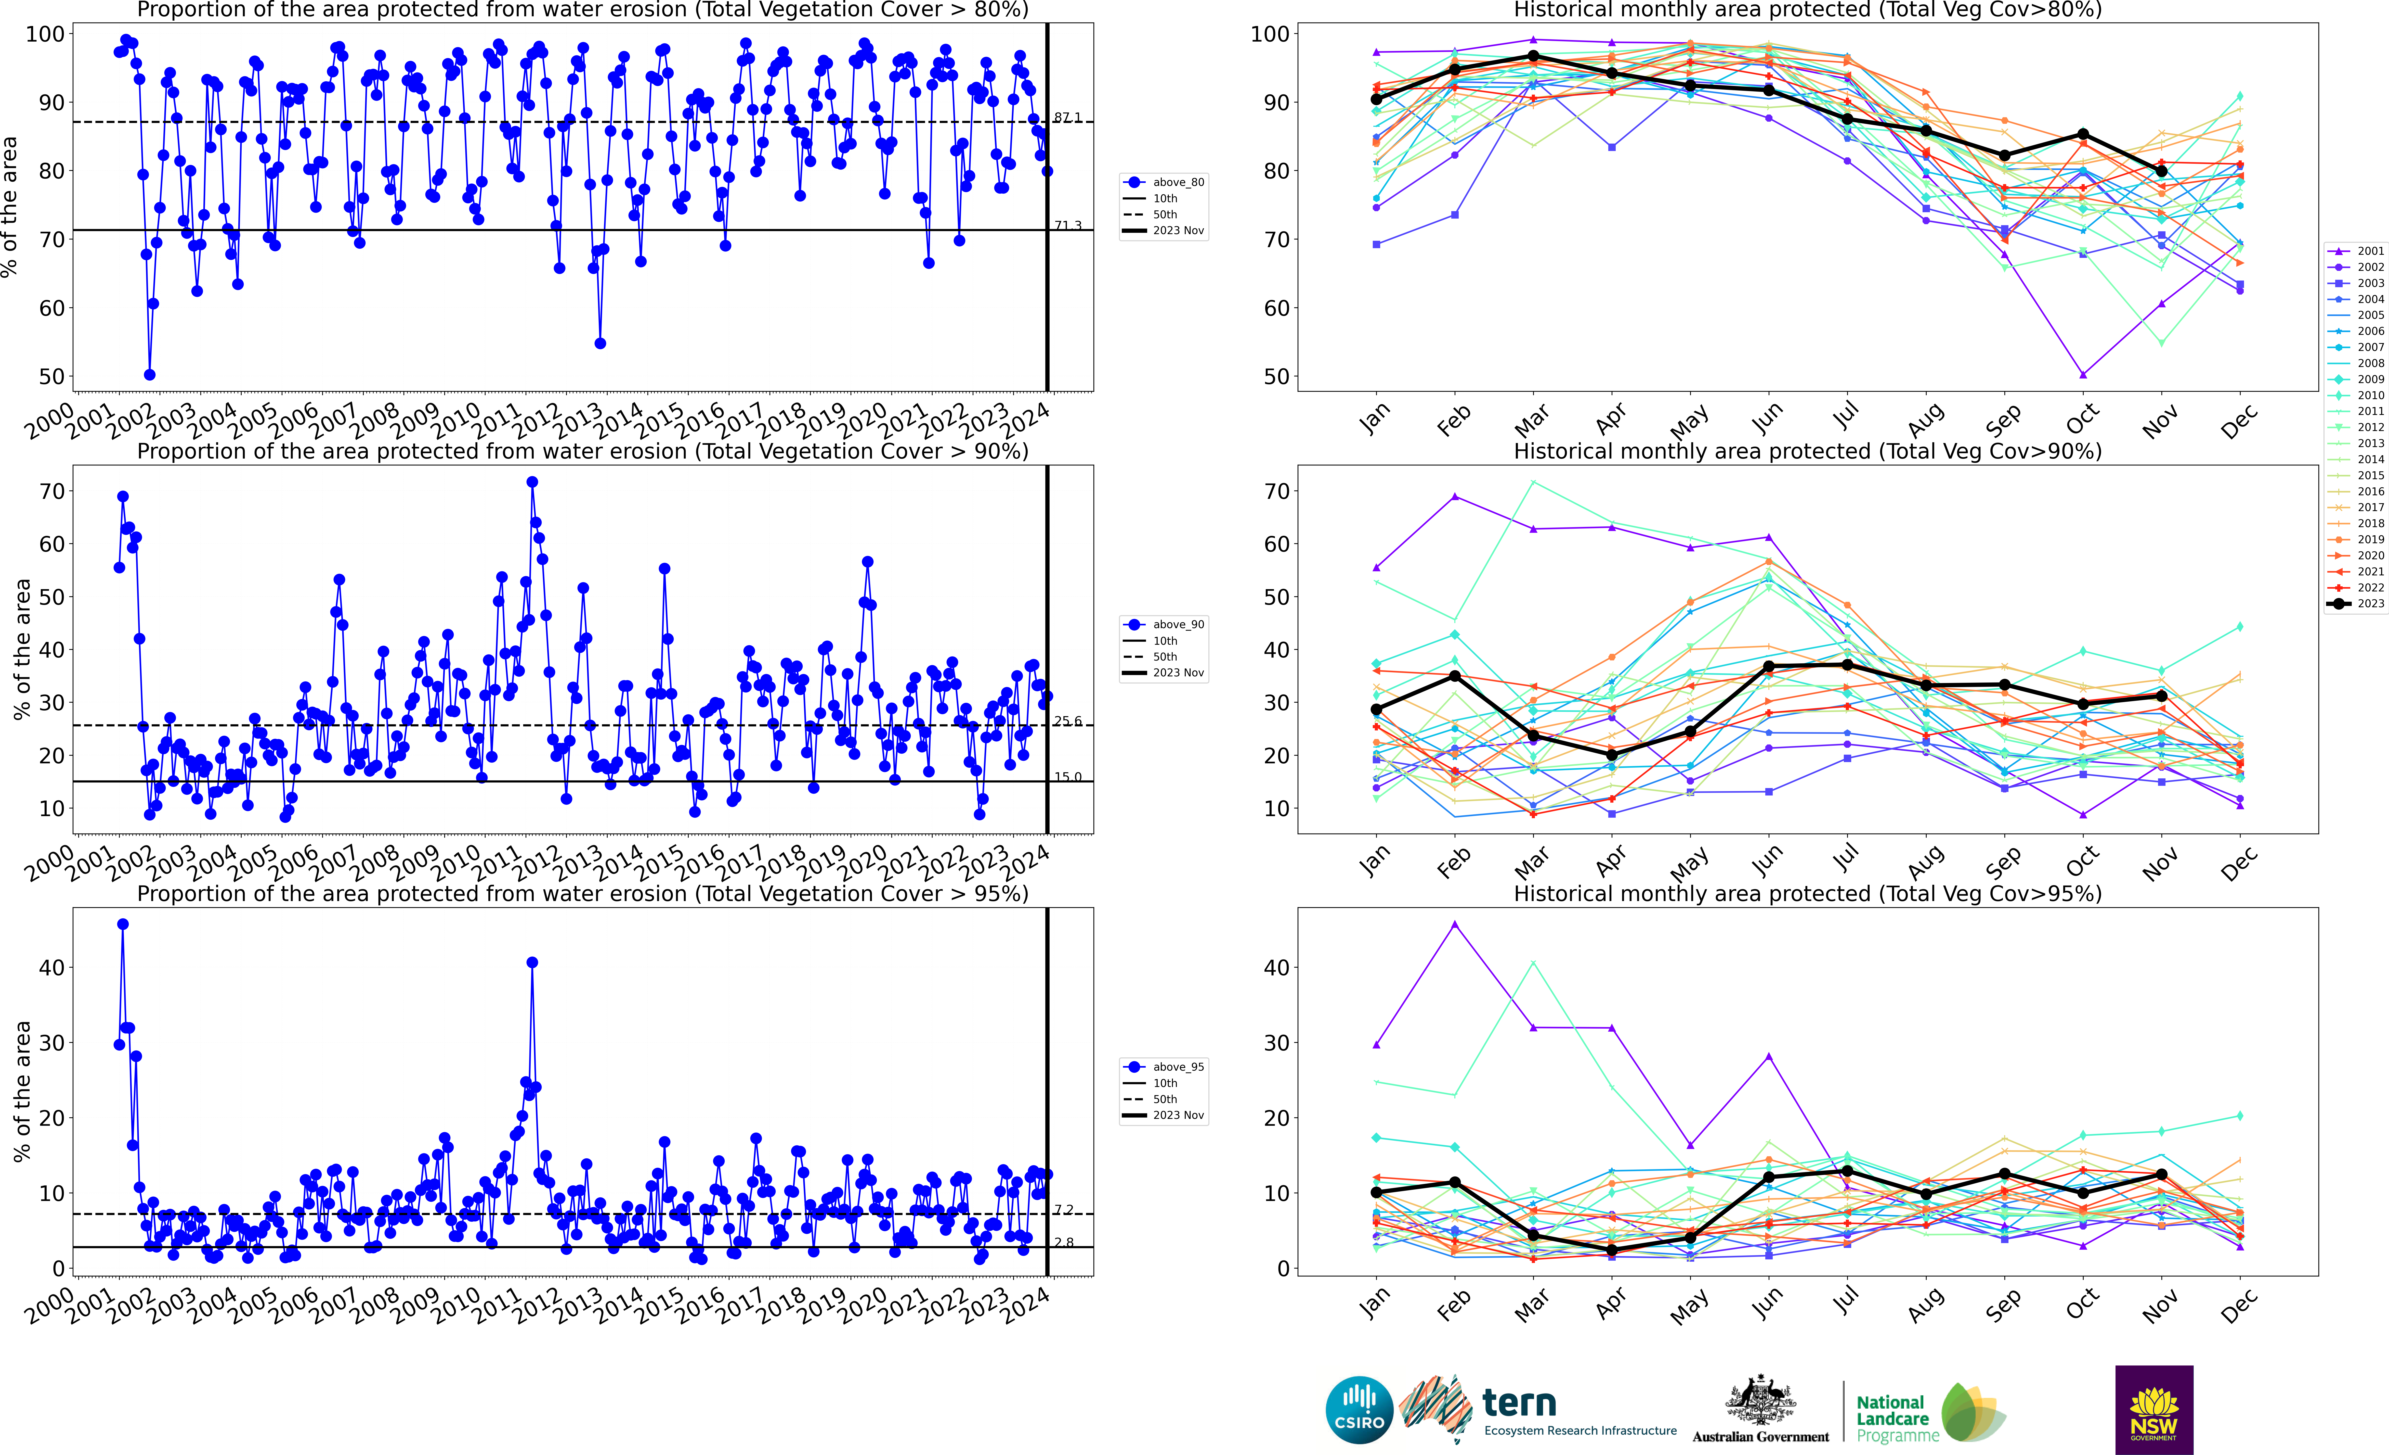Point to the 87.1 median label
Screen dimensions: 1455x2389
(1067, 117)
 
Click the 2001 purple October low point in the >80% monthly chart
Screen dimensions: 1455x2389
(2083, 374)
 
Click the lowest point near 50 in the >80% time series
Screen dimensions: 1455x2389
(149, 374)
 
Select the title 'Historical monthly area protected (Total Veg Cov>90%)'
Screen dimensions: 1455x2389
(1807, 451)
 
